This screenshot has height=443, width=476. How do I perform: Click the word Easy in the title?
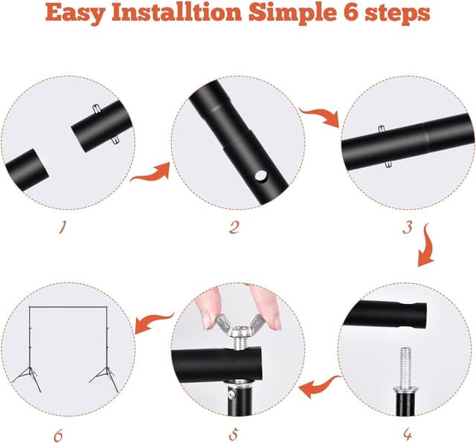[74, 13]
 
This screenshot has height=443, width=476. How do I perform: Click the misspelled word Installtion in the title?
[177, 13]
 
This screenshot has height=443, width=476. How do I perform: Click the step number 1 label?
[62, 227]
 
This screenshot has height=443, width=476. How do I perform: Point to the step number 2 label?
[234, 227]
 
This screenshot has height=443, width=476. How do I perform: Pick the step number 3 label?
[408, 227]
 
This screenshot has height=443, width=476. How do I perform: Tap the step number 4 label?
[408, 435]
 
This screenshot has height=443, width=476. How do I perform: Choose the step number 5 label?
[233, 435]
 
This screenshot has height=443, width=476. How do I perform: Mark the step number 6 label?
[58, 436]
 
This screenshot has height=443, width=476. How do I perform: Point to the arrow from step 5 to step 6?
[153, 322]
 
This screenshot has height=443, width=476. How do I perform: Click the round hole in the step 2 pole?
[261, 175]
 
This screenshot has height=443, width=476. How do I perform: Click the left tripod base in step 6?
[28, 378]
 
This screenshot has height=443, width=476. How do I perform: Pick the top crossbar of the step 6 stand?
[68, 308]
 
